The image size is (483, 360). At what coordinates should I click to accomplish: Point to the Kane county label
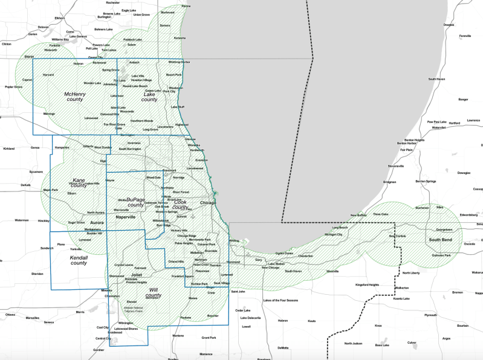tap(79, 183)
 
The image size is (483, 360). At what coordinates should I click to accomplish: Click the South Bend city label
tap(441, 240)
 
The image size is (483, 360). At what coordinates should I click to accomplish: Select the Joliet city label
tap(136, 275)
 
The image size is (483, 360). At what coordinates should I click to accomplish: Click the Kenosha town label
tap(180, 38)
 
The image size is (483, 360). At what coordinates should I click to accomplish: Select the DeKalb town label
tap(25, 185)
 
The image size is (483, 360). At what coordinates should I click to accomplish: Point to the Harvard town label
tap(48, 75)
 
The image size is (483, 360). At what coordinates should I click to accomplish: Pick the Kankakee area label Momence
tap(207, 354)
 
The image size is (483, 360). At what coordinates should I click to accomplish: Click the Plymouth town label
tap(430, 315)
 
